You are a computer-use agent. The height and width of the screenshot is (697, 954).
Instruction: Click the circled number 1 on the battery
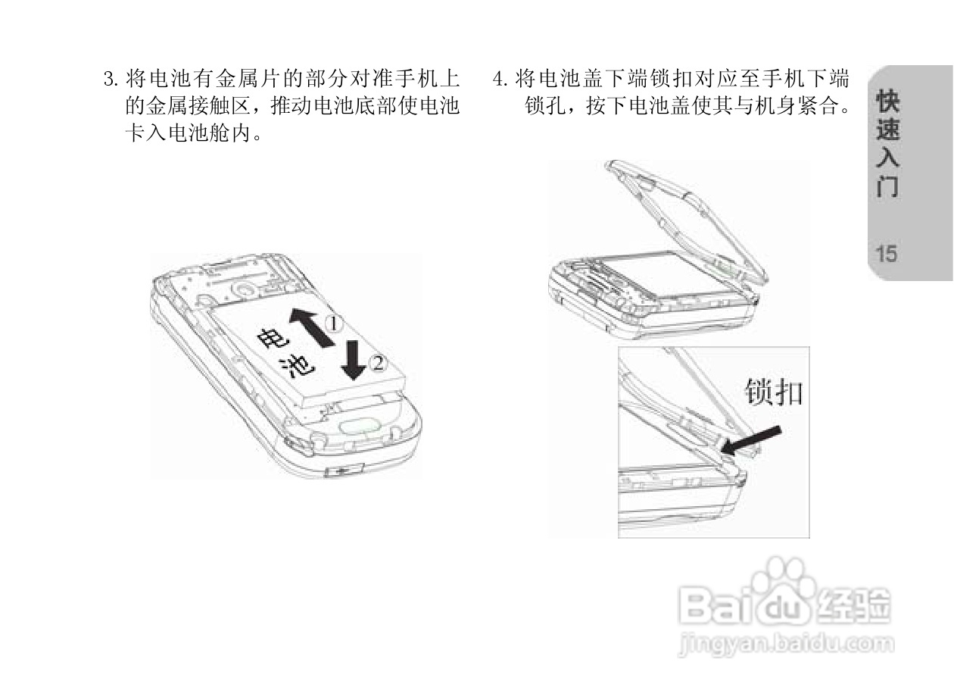pos(334,323)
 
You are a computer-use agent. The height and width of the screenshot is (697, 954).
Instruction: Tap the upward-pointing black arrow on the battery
pos(310,327)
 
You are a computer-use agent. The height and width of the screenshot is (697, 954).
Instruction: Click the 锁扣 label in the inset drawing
pos(774,392)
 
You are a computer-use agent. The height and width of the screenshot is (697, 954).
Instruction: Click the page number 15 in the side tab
pos(887,254)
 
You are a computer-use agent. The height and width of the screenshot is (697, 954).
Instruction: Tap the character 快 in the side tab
pos(888,102)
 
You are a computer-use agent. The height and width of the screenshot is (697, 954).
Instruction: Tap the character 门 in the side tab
pos(888,186)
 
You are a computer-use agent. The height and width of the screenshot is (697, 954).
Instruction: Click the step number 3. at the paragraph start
pos(111,79)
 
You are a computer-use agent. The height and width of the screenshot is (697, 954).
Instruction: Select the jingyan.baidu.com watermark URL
pos(787,645)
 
